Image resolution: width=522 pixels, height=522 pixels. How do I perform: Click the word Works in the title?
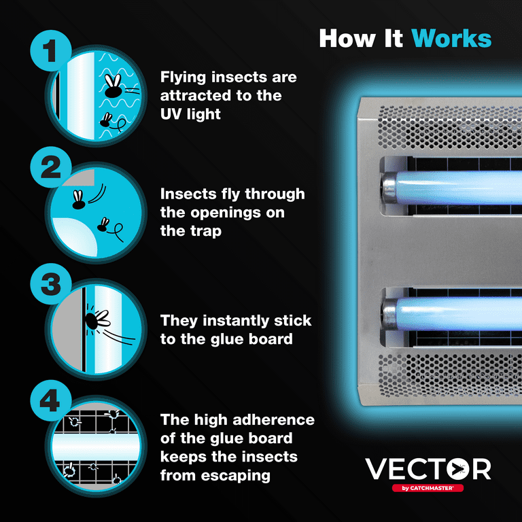click(451, 39)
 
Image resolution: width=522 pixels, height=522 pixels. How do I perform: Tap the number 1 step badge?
click(50, 50)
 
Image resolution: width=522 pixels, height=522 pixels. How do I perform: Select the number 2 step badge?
click(50, 167)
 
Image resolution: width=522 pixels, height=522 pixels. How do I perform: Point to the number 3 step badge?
click(50, 284)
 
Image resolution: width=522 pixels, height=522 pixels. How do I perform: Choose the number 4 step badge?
click(50, 400)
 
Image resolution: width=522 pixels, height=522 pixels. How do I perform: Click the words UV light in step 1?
click(190, 114)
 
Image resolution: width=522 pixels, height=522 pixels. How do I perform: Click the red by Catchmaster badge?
click(428, 488)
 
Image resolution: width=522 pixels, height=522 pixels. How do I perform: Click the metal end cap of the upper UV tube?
click(389, 187)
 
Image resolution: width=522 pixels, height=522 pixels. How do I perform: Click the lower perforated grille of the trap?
click(449, 375)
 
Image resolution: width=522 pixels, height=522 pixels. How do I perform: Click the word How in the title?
click(347, 39)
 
